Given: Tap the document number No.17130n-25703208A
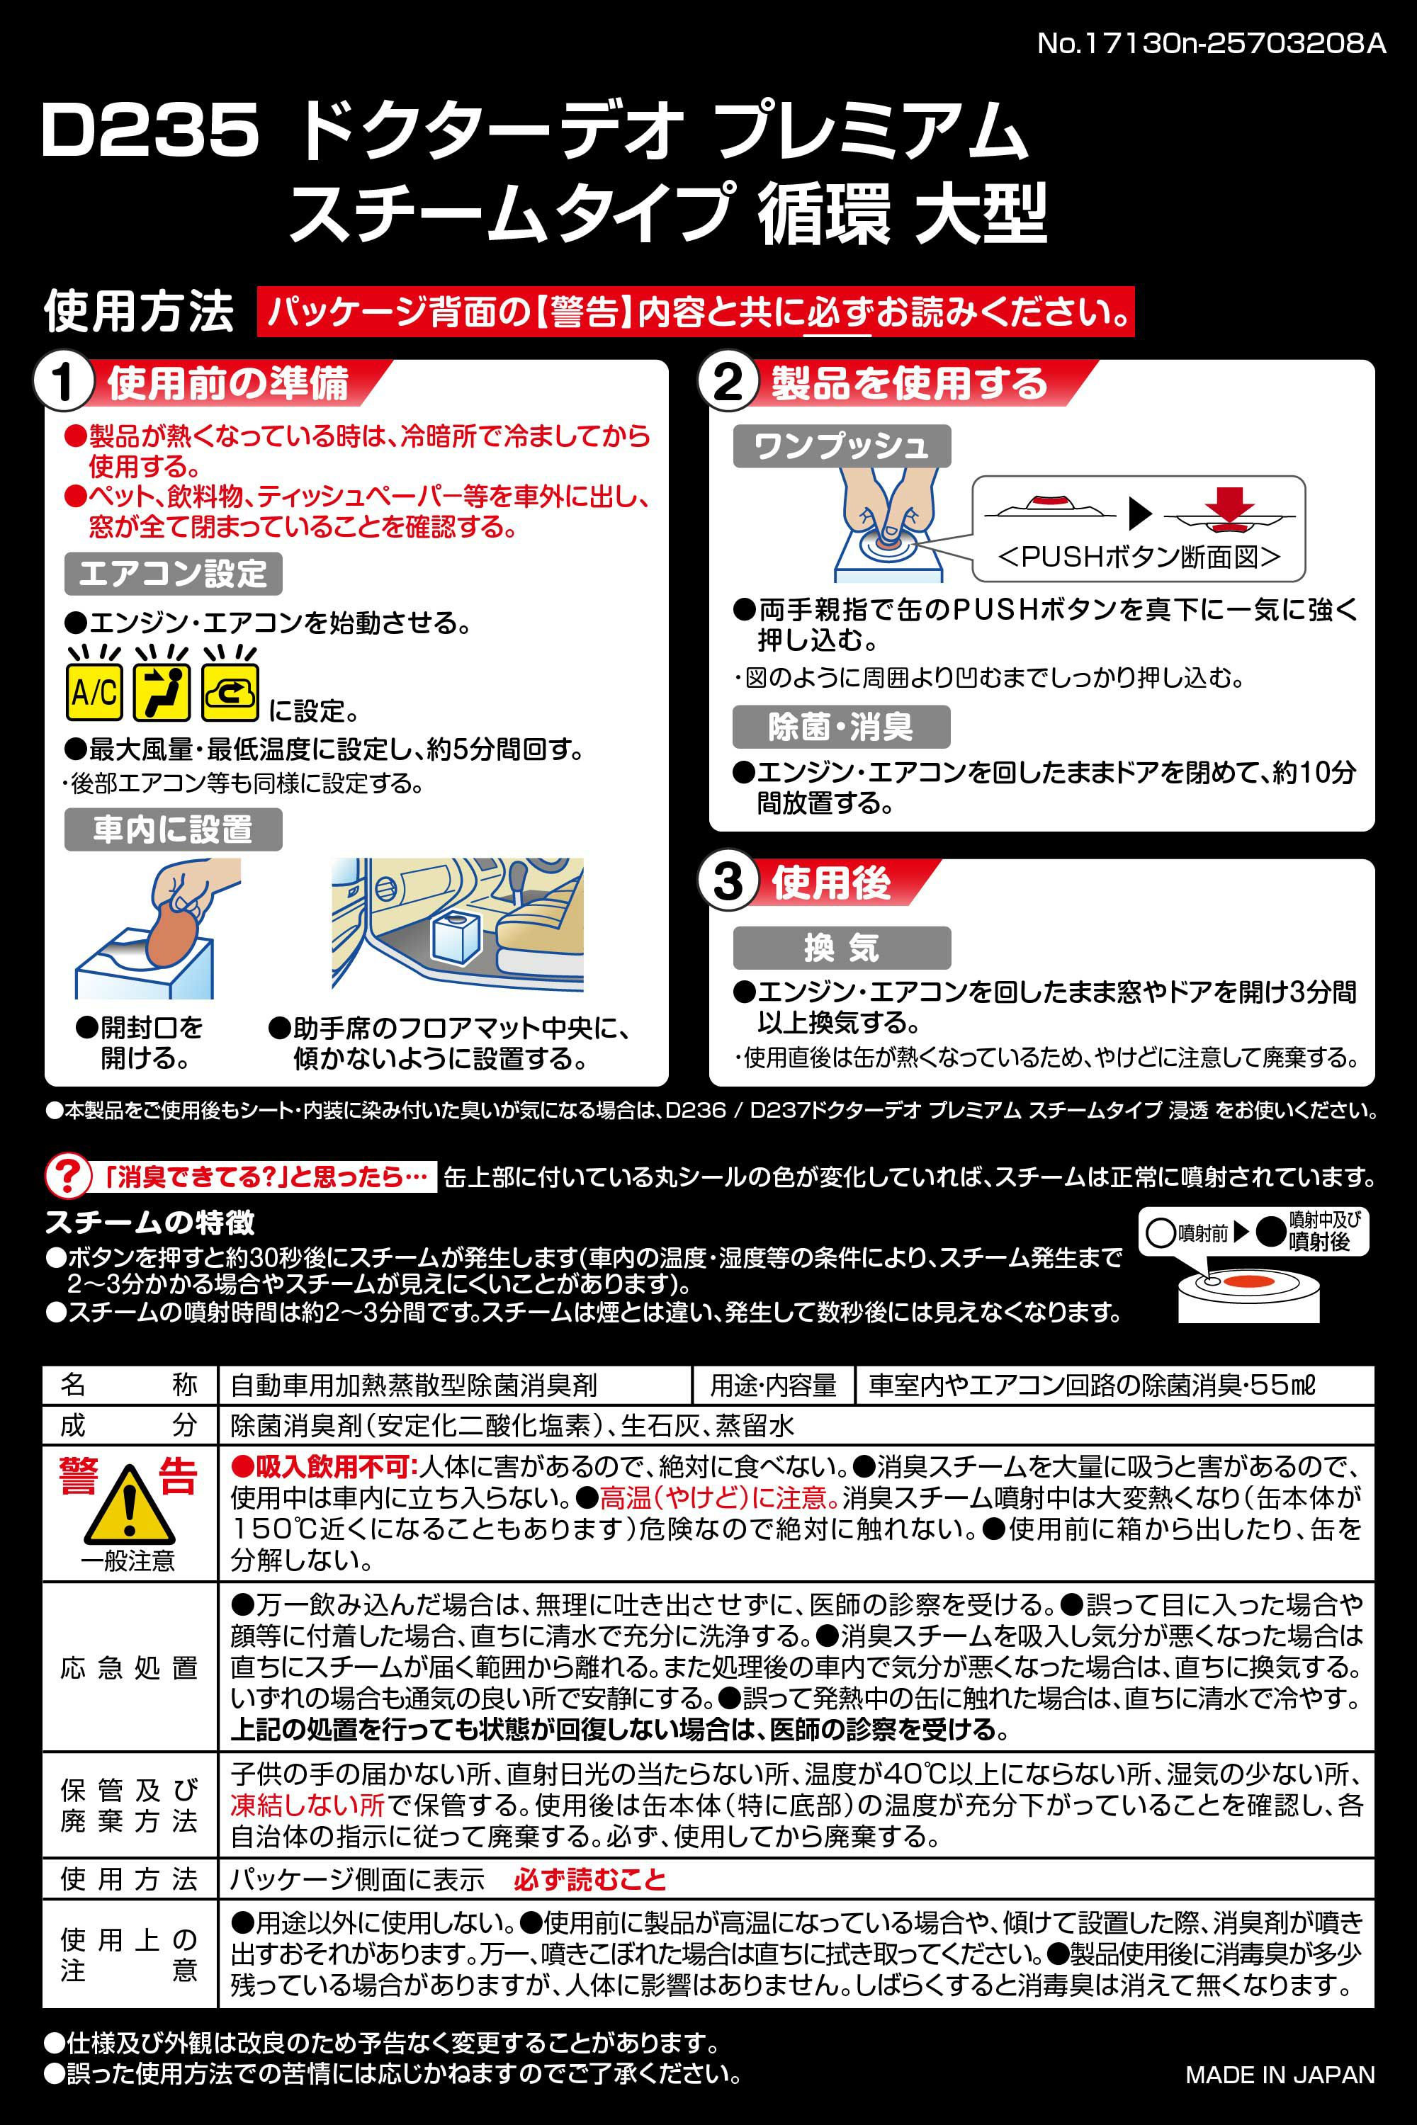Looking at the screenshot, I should pyautogui.click(x=1211, y=43).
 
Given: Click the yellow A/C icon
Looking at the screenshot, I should pyautogui.click(x=94, y=692).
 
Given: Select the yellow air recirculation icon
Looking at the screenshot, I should pyautogui.click(x=230, y=692).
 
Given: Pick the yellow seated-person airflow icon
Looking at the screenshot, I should pyautogui.click(x=162, y=692).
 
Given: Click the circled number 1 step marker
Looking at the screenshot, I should pyautogui.click(x=62, y=383).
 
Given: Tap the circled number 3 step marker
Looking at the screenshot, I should pyautogui.click(x=728, y=882).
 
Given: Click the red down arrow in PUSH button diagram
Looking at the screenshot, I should pyautogui.click(x=1230, y=501).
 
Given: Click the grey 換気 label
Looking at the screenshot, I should pyautogui.click(x=842, y=948).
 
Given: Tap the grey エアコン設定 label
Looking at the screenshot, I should pyautogui.click(x=173, y=574).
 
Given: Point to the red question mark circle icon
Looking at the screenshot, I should pyautogui.click(x=68, y=1177).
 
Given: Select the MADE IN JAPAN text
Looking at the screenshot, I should pyautogui.click(x=1280, y=2075).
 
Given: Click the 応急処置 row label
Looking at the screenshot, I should pyautogui.click(x=129, y=1668).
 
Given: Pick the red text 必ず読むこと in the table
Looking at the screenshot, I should pyautogui.click(x=589, y=1879).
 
